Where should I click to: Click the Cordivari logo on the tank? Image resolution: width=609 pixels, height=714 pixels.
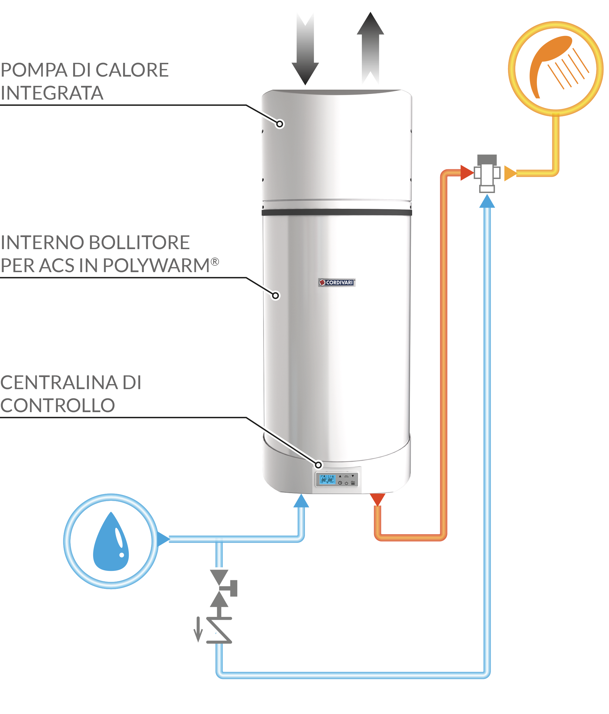(x=337, y=283)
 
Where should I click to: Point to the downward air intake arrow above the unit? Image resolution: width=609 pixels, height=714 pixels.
(x=305, y=48)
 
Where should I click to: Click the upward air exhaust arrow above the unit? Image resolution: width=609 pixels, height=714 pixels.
(x=370, y=48)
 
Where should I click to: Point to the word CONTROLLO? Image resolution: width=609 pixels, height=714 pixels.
(x=58, y=405)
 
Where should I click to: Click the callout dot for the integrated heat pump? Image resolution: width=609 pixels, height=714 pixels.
(x=280, y=124)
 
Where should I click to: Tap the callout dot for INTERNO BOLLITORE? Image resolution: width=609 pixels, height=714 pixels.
(x=275, y=296)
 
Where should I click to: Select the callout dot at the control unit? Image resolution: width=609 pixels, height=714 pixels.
(x=319, y=465)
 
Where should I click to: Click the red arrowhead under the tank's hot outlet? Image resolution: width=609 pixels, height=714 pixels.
(x=378, y=499)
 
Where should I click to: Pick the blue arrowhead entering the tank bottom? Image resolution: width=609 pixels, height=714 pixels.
(x=301, y=502)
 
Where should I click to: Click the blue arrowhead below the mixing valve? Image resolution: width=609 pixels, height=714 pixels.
(x=487, y=202)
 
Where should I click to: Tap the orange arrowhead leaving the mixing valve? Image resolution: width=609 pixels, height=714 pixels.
(x=509, y=173)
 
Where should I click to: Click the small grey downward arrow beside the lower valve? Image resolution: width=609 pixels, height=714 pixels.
(x=198, y=629)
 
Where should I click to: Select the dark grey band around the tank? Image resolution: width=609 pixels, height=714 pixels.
(x=337, y=212)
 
